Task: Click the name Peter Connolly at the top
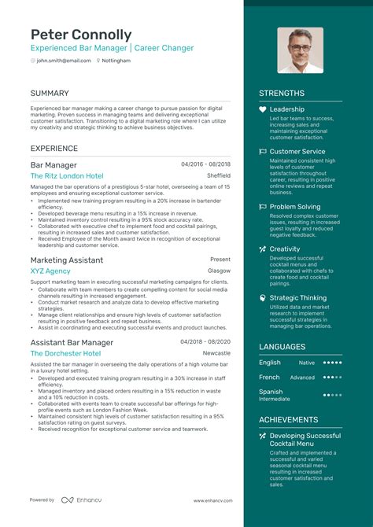pyautogui.click(x=81, y=35)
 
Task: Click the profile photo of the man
pyautogui.click(x=300, y=50)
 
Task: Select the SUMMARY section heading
pyautogui.click(x=50, y=94)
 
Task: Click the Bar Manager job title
pyautogui.click(x=54, y=165)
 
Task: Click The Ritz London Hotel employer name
pyautogui.click(x=67, y=176)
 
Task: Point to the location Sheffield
pyautogui.click(x=219, y=176)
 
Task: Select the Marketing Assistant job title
pyautogui.click(x=67, y=260)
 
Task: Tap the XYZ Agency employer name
pyautogui.click(x=50, y=271)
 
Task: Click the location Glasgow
pyautogui.click(x=219, y=271)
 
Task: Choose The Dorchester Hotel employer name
pyautogui.click(x=65, y=354)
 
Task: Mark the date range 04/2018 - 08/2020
pyautogui.click(x=205, y=342)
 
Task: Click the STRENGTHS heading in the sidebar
pyautogui.click(x=282, y=94)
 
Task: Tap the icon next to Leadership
pyautogui.click(x=263, y=109)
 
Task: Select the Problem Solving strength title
pyautogui.click(x=295, y=207)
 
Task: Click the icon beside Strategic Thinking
pyautogui.click(x=263, y=298)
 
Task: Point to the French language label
pyautogui.click(x=270, y=377)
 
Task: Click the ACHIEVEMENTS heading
pyautogui.click(x=288, y=420)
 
